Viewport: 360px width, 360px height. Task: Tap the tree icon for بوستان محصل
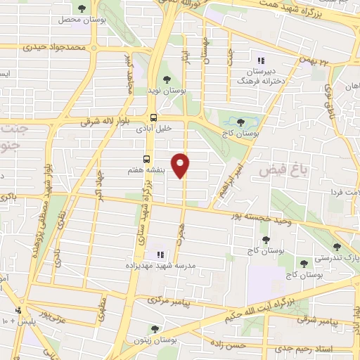coord(82,8)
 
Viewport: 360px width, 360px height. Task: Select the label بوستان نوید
coord(166,91)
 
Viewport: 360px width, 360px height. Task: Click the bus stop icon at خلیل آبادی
coord(153,118)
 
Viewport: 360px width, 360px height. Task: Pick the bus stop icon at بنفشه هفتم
coord(147,159)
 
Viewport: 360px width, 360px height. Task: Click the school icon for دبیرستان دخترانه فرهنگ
coord(261,61)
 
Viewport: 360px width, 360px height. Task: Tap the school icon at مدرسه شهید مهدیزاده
coord(159,254)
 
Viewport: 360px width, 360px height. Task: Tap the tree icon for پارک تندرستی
coord(337,247)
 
